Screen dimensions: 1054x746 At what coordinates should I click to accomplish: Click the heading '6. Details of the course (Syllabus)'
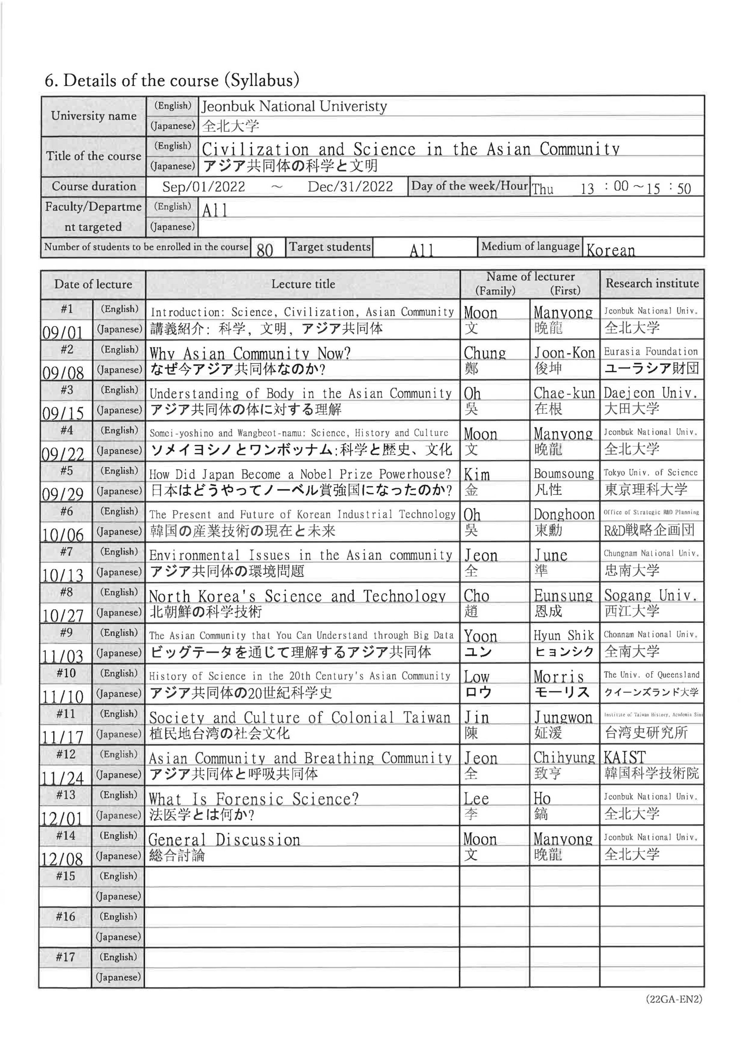(172, 80)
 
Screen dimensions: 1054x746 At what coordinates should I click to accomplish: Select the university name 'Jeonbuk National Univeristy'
(294, 107)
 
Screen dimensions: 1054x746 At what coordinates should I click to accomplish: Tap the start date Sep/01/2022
(203, 187)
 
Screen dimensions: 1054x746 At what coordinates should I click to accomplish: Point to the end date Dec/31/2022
(350, 187)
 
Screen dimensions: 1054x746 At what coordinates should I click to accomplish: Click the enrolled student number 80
(264, 250)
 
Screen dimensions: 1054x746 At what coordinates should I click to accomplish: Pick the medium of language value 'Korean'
(610, 250)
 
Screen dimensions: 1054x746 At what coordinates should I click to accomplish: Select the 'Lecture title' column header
(303, 284)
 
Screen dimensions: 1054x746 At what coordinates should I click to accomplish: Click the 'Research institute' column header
(652, 284)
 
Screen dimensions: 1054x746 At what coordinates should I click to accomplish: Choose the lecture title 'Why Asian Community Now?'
(250, 354)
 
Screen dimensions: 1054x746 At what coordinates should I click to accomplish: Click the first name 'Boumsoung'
(564, 474)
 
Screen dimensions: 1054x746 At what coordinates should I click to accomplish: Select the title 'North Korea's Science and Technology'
(297, 596)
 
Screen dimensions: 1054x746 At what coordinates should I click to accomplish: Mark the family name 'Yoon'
(480, 636)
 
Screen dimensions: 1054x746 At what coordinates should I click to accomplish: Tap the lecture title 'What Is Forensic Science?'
(254, 799)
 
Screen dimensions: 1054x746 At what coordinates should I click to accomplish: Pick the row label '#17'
(65, 957)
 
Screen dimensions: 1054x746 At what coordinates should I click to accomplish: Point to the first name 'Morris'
(559, 676)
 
